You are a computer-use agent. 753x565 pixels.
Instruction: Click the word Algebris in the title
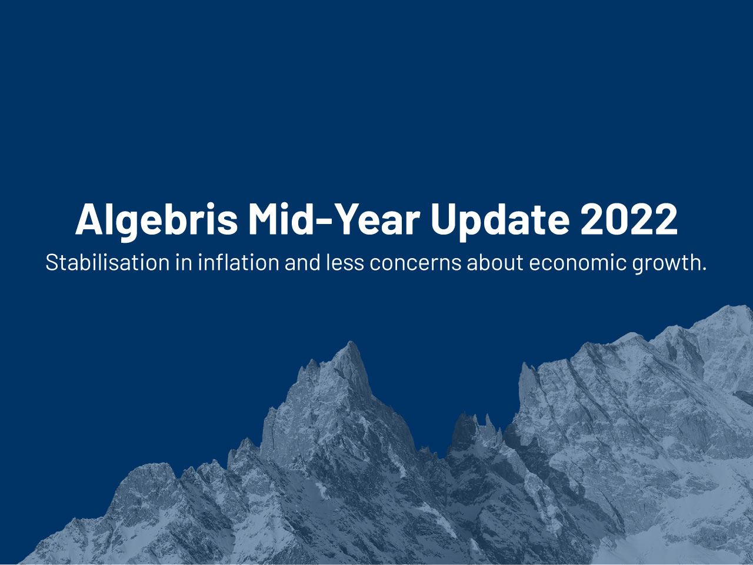coord(156,219)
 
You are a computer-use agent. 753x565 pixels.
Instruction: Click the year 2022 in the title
coord(628,219)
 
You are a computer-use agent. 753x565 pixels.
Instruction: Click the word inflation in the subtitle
coord(238,262)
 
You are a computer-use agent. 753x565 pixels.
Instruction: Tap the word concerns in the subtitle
coord(415,262)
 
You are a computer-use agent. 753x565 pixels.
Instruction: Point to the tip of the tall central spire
coord(351,342)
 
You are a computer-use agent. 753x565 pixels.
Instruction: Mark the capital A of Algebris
coord(89,219)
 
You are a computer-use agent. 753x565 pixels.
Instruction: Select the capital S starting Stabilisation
coord(51,262)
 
